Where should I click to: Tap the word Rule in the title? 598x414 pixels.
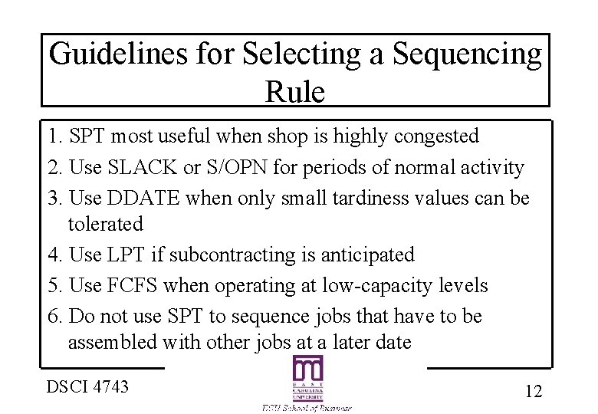click(295, 92)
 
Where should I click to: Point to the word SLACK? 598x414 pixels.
click(146, 167)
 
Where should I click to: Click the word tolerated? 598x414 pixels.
click(106, 225)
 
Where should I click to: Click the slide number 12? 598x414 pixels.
click(534, 391)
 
